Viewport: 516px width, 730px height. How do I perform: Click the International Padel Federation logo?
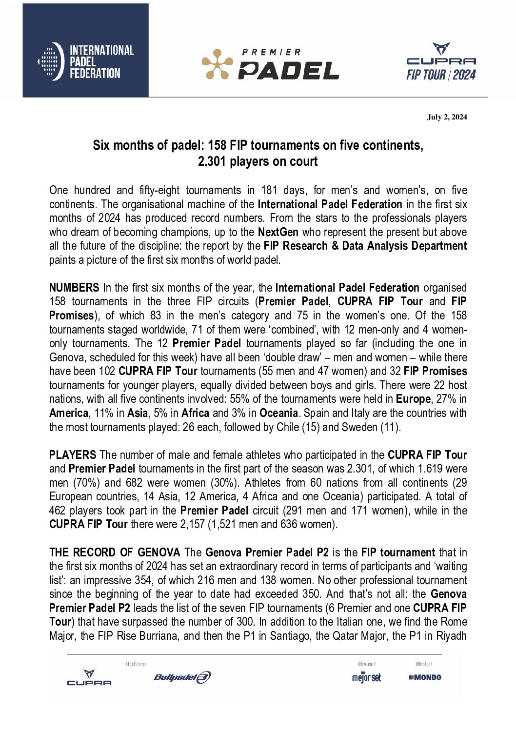coord(86,61)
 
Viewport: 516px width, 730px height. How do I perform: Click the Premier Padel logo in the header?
coord(270,64)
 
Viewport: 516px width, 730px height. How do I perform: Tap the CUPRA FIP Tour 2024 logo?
coord(441,62)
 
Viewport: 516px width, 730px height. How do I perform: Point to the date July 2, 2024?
coord(447,117)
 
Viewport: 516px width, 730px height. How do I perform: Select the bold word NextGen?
coord(278,232)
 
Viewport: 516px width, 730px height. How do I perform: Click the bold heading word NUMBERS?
coord(74,288)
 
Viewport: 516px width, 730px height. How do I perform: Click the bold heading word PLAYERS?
coord(73,455)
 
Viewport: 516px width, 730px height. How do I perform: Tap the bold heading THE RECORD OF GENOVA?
coord(115,552)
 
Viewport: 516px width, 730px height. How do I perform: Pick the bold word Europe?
coord(413,399)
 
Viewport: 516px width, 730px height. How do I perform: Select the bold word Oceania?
coord(278,413)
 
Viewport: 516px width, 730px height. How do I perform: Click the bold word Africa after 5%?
coord(195,413)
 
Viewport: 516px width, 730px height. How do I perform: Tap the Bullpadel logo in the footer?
coord(182,677)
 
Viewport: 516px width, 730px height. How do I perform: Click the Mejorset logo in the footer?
coord(366,677)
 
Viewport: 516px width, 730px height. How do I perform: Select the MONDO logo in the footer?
coord(425,677)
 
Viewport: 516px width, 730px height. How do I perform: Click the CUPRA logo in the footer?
coord(89,678)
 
